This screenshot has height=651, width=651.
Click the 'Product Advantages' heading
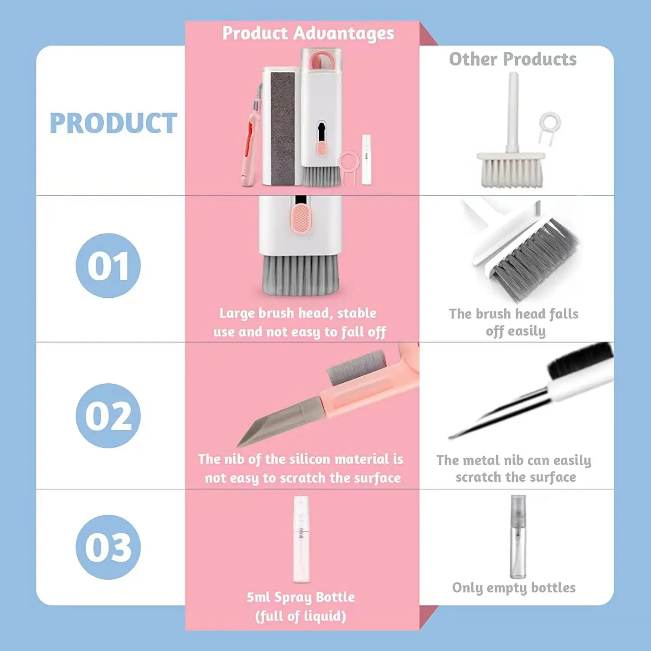pos(308,33)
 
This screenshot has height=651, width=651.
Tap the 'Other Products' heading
pos(513,59)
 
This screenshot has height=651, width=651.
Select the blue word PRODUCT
pos(113,123)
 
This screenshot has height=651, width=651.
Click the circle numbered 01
pos(108,266)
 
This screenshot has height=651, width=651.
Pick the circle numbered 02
pos(108,415)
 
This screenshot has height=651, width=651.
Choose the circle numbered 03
pos(108,547)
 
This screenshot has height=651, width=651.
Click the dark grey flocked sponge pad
pos(283,128)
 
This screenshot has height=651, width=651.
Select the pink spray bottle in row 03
pos(301,540)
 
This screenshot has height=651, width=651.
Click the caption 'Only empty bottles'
pos(514,588)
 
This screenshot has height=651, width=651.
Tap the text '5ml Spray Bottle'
pos(301,597)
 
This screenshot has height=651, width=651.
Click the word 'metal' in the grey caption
pos(481,460)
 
